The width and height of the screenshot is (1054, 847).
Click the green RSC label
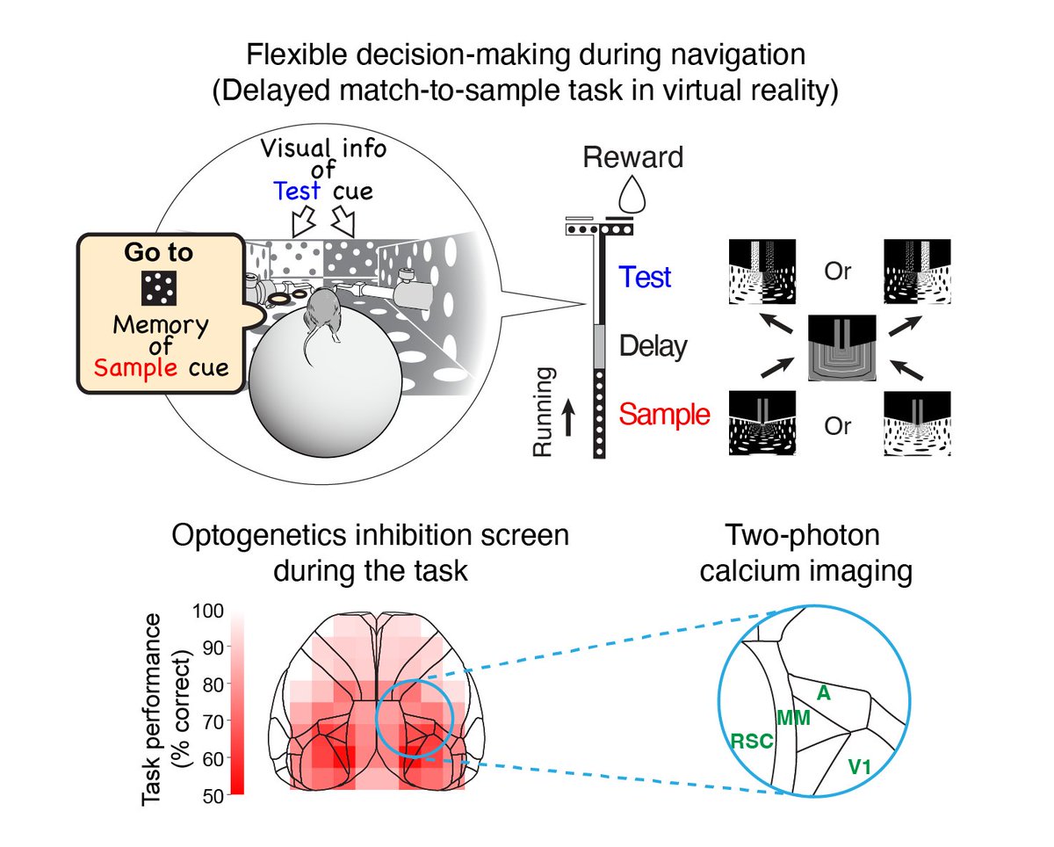point(751,741)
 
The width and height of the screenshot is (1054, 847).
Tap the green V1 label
point(861,766)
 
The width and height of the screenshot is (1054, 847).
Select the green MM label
point(793,718)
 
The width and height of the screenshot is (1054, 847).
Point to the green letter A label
point(823,691)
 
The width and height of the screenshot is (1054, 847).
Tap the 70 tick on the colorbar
point(213,720)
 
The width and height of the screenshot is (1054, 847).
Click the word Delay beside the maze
point(652,346)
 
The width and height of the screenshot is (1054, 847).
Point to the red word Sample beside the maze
point(664,414)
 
